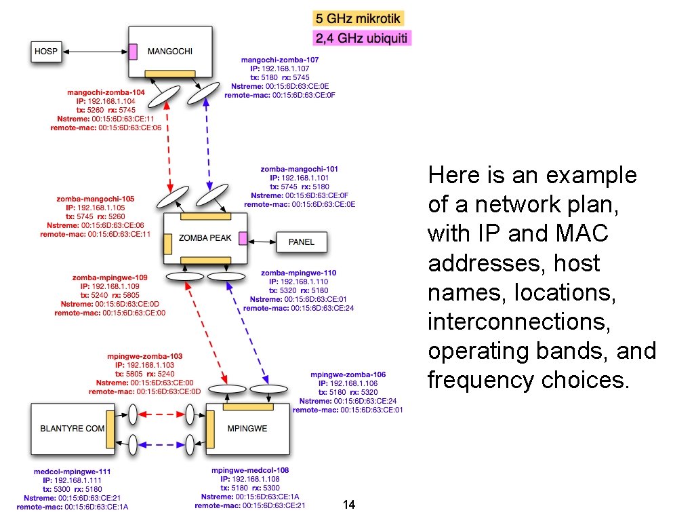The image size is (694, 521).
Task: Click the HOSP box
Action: (46, 51)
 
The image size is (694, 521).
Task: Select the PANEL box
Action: (301, 242)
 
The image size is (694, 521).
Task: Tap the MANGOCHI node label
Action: (170, 51)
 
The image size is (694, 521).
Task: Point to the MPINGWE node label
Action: (247, 429)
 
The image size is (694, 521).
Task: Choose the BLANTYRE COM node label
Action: (73, 429)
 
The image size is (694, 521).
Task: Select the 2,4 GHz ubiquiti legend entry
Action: (361, 39)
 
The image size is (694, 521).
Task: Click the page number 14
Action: (350, 505)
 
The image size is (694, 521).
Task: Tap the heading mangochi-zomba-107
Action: (279, 60)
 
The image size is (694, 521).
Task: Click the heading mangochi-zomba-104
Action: (106, 92)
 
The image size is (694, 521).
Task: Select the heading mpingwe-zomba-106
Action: (348, 374)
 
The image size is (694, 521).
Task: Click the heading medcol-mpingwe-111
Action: (72, 471)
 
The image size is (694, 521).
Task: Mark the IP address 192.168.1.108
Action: (260, 479)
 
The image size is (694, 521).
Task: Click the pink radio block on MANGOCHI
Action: (134, 51)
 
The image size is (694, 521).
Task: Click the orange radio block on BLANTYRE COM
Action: (110, 429)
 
